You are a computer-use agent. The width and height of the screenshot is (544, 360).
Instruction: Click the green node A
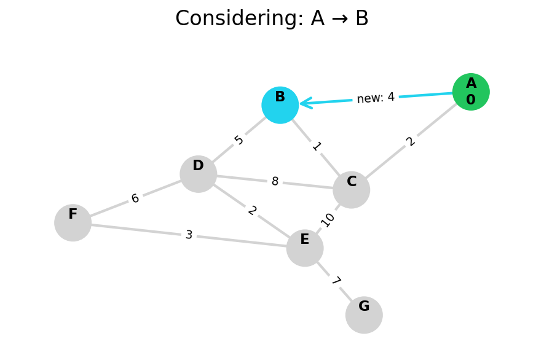[471, 92]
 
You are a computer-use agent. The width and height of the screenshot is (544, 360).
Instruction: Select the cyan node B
[280, 105]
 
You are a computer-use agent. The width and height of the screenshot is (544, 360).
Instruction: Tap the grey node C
[352, 190]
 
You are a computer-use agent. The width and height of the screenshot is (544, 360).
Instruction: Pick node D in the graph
[199, 174]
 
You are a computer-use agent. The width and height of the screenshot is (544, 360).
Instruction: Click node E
[305, 248]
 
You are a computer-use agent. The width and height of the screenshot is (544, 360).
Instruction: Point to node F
[73, 223]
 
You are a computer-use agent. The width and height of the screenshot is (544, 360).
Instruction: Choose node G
[364, 315]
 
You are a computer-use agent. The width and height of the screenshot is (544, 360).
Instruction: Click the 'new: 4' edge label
[376, 98]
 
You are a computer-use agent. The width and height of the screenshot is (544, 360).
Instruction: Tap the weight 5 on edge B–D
[239, 140]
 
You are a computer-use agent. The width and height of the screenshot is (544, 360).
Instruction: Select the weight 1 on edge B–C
[317, 146]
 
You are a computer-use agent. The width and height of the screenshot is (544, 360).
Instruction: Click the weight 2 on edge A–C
[411, 141]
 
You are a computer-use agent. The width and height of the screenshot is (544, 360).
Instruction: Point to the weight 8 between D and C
[275, 182]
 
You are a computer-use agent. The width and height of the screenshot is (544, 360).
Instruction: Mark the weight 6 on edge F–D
[135, 198]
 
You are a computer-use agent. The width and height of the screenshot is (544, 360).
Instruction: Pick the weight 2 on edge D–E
[252, 211]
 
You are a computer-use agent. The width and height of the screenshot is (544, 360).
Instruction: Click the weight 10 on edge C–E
[328, 219]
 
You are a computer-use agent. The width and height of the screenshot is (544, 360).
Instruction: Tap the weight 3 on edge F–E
[189, 235]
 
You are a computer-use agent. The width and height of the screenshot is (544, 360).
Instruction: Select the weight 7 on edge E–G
[335, 281]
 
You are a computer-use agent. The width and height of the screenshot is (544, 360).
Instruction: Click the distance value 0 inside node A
[471, 100]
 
